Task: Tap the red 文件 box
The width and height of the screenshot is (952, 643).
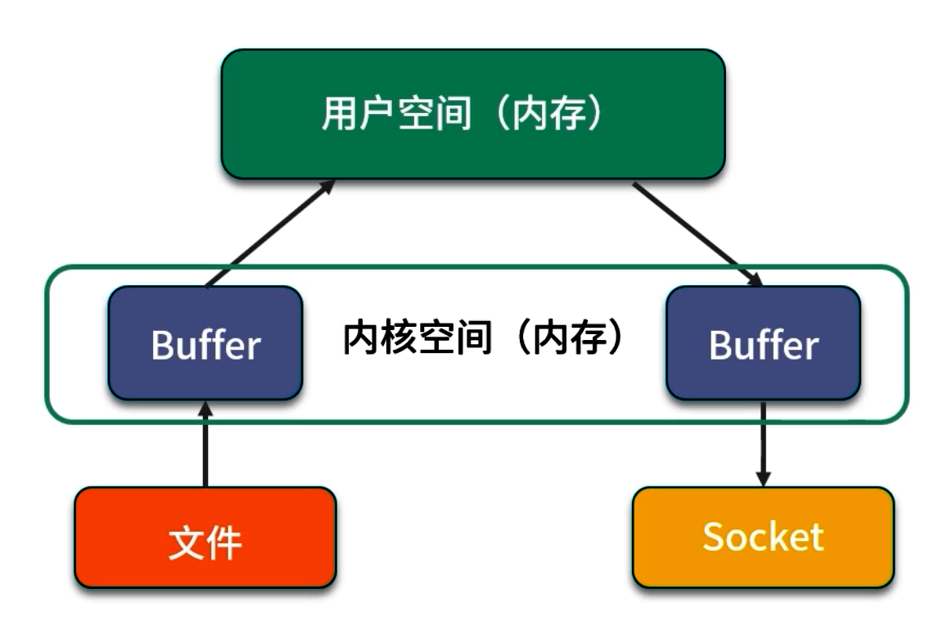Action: point(205,537)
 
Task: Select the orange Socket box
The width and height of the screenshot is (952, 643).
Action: point(763,537)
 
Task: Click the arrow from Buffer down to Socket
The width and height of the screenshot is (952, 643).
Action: point(763,442)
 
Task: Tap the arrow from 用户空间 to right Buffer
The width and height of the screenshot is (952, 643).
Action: point(696,233)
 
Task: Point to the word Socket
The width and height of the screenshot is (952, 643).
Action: point(763,537)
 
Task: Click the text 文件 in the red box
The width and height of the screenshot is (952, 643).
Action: point(205,541)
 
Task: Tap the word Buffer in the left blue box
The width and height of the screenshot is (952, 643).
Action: point(205,345)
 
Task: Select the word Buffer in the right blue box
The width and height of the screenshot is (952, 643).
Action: point(763,345)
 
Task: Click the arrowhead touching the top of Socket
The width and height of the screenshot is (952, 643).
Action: point(763,478)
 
